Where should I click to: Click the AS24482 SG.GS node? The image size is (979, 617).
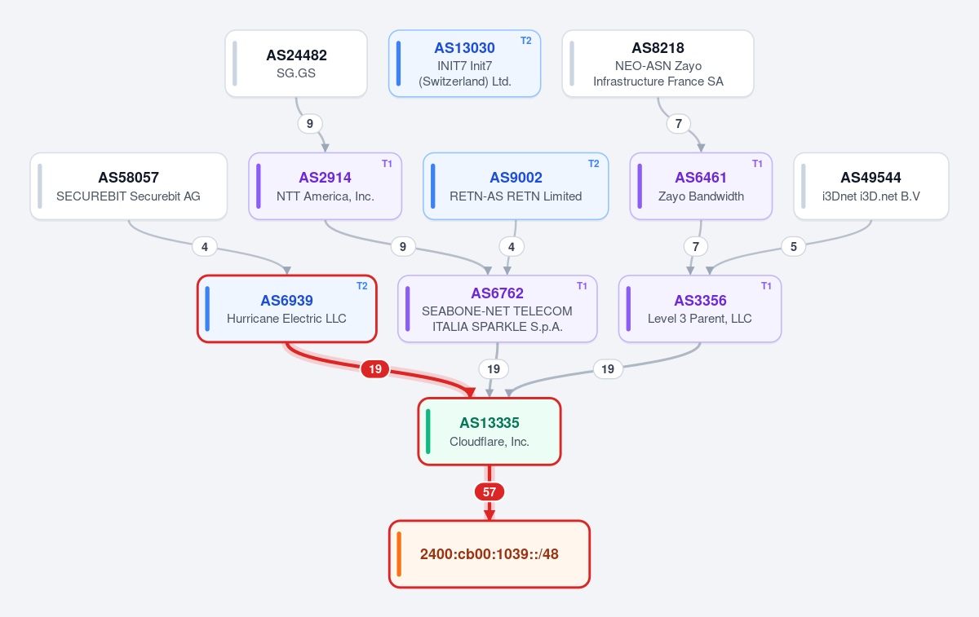(x=296, y=64)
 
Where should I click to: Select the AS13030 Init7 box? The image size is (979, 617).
(x=464, y=64)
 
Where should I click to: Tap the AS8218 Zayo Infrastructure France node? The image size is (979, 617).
(x=658, y=64)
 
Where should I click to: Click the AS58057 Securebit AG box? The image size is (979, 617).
(x=129, y=186)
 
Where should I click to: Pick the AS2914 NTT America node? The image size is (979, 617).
(x=326, y=186)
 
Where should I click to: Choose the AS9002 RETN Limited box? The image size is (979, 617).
(x=516, y=186)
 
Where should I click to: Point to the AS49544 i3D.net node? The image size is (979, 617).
(x=871, y=186)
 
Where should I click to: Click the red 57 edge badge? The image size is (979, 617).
(x=489, y=492)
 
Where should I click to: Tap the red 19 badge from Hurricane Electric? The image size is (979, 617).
(x=375, y=369)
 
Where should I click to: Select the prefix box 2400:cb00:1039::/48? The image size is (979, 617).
(x=489, y=554)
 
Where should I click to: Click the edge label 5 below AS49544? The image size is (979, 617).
(x=793, y=247)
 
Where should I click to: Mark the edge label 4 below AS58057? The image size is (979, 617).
(x=205, y=247)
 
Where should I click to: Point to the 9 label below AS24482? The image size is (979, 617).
(x=310, y=124)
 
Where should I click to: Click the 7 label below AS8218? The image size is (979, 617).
(x=678, y=124)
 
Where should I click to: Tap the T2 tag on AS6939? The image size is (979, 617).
(x=362, y=286)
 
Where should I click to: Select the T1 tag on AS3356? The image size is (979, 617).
(x=766, y=286)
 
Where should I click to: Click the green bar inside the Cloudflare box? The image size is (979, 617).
(x=427, y=431)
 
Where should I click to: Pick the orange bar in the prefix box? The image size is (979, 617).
(x=399, y=554)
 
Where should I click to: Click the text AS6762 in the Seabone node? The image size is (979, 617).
(x=497, y=293)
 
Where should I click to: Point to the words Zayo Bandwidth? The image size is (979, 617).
(x=701, y=196)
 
